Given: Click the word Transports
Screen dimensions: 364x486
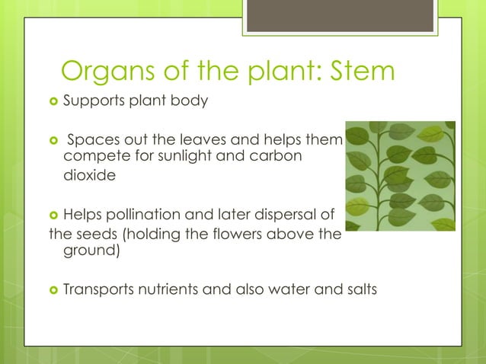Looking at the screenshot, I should pyautogui.click(x=99, y=289).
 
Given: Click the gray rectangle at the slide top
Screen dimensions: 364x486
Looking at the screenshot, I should pyautogui.click(x=341, y=16).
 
